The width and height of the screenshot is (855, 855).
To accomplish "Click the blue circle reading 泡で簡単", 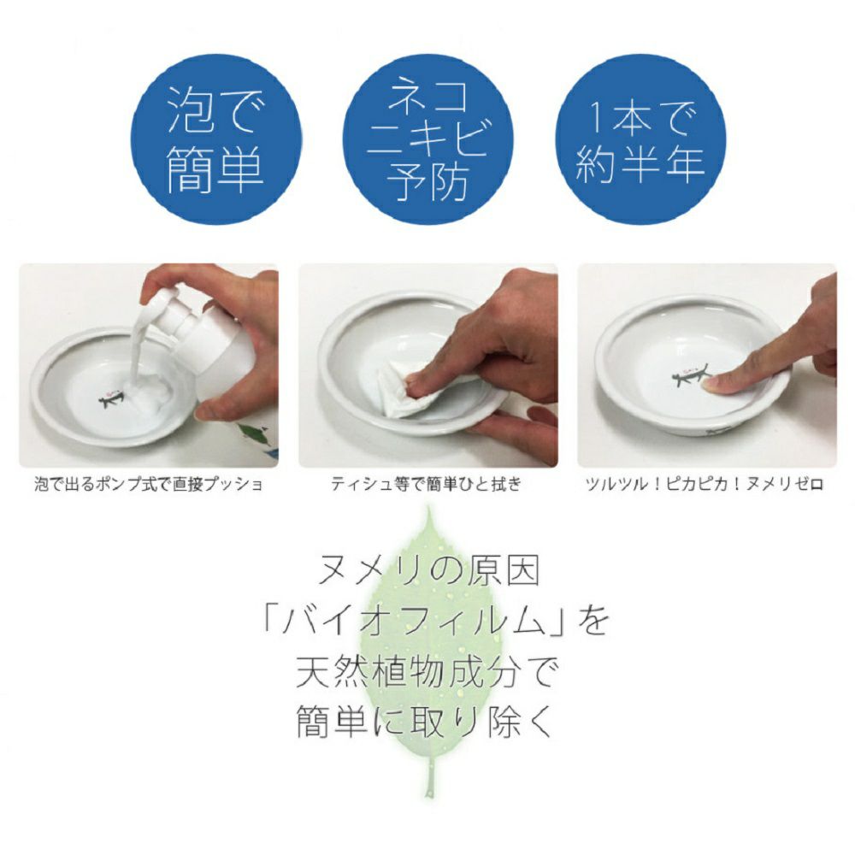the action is tap(215, 139).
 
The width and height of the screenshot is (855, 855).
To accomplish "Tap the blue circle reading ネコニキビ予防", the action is tap(427, 139).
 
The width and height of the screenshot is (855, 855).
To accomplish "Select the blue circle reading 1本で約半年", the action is tap(640, 139).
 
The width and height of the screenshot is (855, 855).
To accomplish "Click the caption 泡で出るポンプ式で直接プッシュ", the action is tap(149, 484).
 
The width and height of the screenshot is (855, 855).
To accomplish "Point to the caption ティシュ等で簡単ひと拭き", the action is tap(427, 484).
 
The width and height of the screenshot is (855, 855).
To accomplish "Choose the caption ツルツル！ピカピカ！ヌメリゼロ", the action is tap(704, 484).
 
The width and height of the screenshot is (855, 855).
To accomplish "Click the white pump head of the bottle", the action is tap(174, 312).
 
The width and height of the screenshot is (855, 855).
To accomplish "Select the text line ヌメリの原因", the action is tap(428, 571).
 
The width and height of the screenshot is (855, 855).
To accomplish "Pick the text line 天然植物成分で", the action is tap(426, 672).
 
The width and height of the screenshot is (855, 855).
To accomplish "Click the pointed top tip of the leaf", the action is tap(429, 507).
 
